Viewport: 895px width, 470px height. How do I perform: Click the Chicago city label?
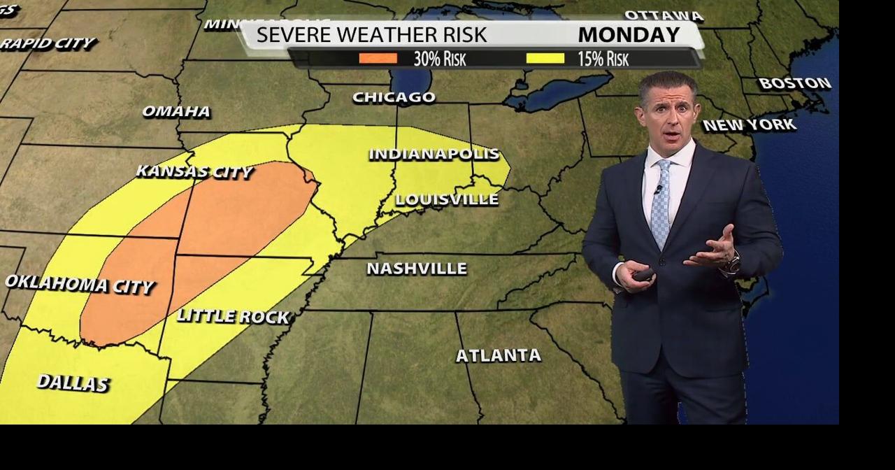coord(394,97)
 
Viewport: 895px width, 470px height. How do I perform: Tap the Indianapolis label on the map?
coord(434,154)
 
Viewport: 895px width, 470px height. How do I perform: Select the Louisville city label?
coord(447,199)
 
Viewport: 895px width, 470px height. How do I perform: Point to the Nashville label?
coord(417,269)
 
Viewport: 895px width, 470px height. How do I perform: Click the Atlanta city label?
coord(499,355)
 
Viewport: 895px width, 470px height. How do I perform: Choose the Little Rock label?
coord(233,316)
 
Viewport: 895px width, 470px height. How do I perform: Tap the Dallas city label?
coord(73,383)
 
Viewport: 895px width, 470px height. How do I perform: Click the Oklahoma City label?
coord(79,284)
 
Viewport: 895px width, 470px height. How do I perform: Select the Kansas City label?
coord(194,171)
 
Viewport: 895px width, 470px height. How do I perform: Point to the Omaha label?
coord(176,111)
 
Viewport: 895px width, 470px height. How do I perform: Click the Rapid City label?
coord(48,43)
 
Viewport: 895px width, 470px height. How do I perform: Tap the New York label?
coord(749,125)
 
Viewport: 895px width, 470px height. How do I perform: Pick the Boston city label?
coord(795,83)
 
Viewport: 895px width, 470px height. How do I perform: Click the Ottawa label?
coord(664,15)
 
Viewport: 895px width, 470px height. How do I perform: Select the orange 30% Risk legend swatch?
coord(378,59)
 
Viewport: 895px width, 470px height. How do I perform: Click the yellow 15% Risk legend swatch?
coord(545,59)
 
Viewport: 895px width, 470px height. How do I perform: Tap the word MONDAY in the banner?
coord(629,34)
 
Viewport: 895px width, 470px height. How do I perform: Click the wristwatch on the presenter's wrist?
coord(731,264)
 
